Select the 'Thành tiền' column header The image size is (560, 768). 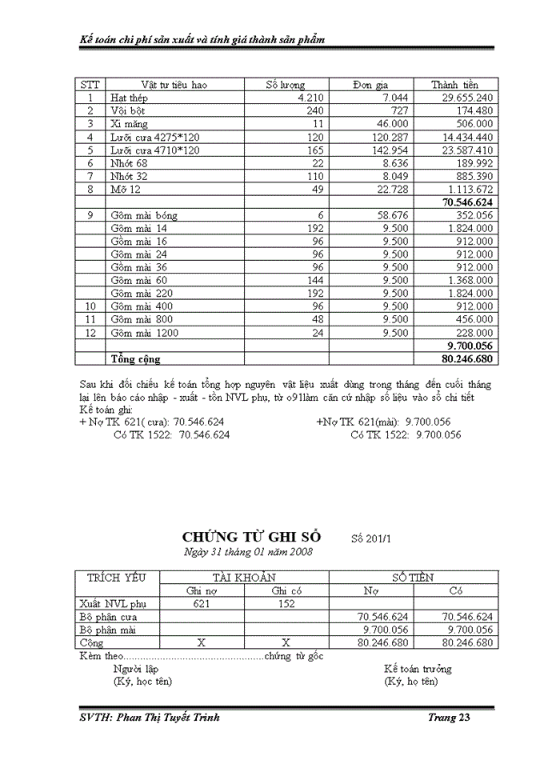tap(454, 85)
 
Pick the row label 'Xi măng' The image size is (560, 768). tap(129, 124)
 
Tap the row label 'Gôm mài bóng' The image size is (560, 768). tap(144, 215)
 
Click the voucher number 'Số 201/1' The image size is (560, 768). tap(370, 538)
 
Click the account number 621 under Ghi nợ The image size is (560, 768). tap(202, 604)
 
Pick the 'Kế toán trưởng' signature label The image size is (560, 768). tap(418, 668)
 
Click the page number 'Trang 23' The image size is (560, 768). tap(448, 718)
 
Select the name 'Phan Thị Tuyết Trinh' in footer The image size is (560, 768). tap(169, 718)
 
